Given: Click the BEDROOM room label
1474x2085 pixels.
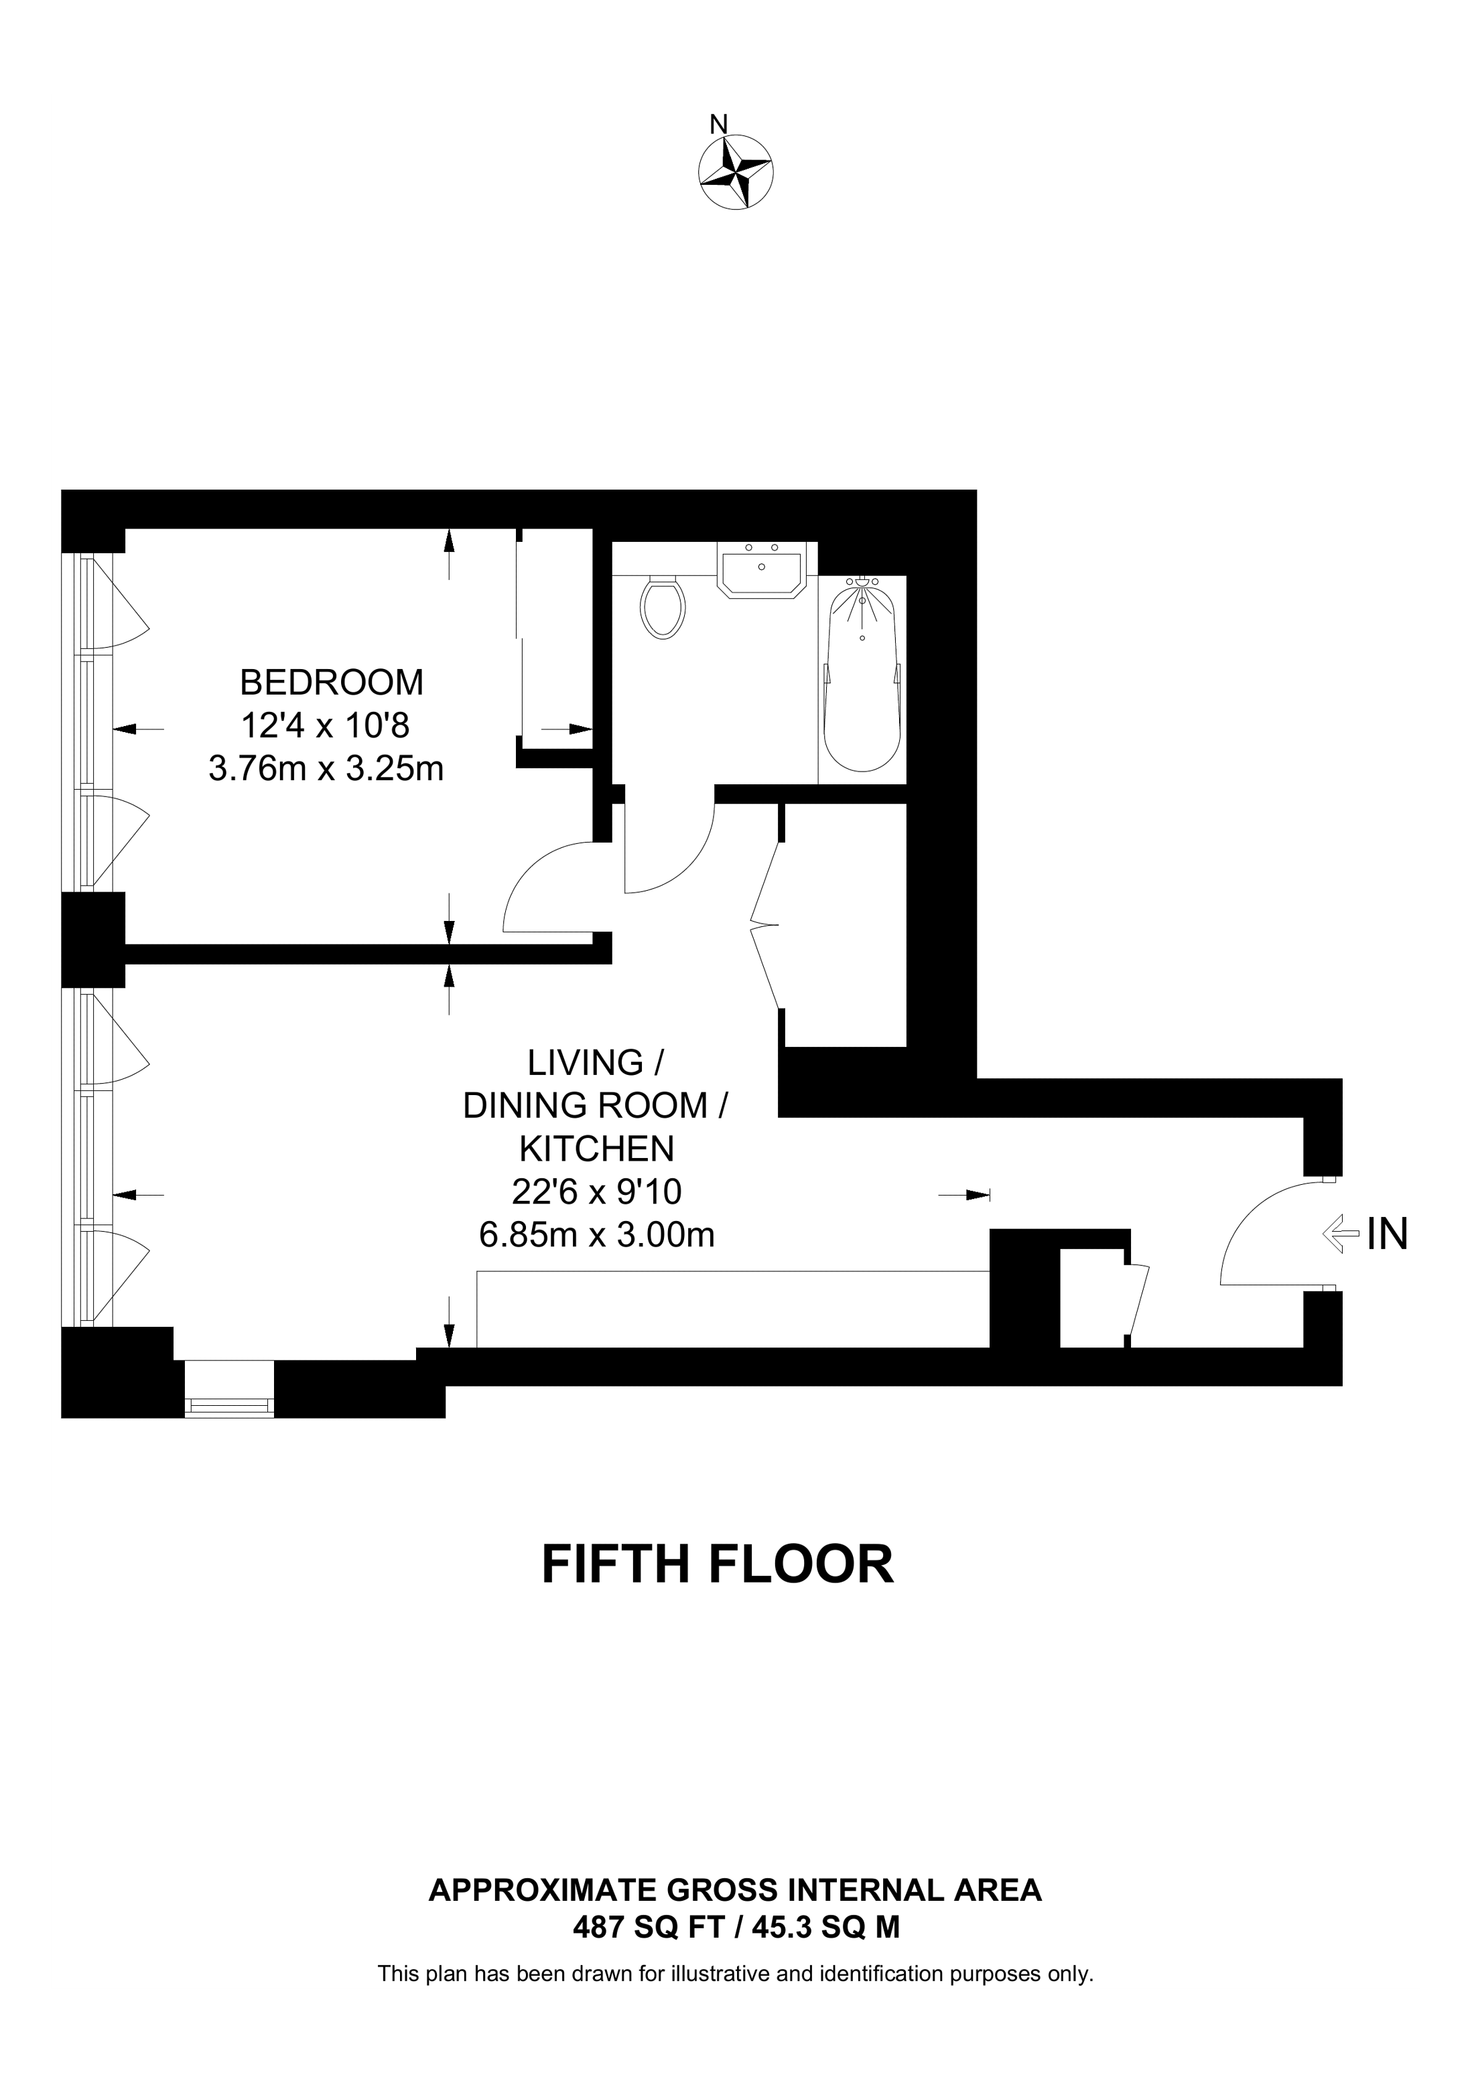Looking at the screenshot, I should pyautogui.click(x=332, y=681).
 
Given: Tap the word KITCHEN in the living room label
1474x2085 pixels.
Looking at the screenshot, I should pyautogui.click(x=597, y=1149).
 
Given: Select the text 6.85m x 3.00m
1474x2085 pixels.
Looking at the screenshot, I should pyautogui.click(x=597, y=1235).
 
